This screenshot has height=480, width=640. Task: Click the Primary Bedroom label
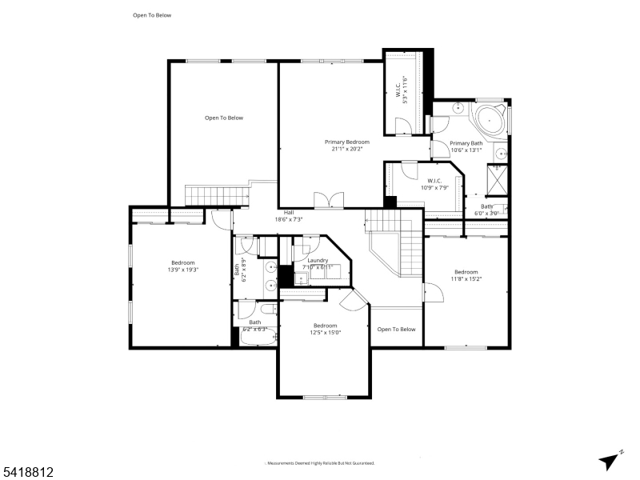pos(347,145)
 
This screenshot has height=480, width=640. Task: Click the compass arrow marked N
pos(610,460)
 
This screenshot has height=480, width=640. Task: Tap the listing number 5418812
pos(27,473)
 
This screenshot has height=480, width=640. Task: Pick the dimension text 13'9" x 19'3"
pos(183,270)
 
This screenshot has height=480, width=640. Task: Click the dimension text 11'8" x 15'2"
pos(466,279)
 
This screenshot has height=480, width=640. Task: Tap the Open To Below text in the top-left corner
pos(152,15)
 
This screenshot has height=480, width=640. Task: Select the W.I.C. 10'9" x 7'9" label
pos(435,184)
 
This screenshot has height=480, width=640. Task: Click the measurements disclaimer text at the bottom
pos(320,463)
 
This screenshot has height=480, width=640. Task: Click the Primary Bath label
pos(466,146)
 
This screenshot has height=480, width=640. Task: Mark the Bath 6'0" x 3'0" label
pos(486,210)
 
